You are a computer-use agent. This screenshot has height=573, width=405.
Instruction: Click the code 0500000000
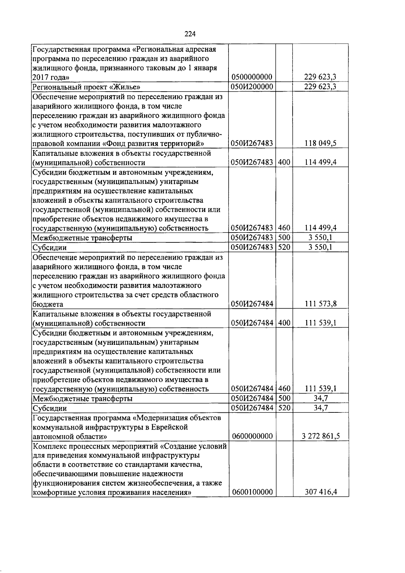[x=251, y=78]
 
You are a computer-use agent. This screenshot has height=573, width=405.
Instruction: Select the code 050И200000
[x=251, y=87]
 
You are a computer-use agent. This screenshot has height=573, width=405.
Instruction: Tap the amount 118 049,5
[x=320, y=143]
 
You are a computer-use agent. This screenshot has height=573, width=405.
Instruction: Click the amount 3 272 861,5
[x=320, y=436]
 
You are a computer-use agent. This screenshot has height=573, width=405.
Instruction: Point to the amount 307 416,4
[x=320, y=492]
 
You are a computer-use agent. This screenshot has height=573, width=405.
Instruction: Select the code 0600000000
[x=251, y=436]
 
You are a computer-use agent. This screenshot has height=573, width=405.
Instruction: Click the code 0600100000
[x=251, y=492]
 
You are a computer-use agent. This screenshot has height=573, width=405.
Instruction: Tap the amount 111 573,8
[x=320, y=304]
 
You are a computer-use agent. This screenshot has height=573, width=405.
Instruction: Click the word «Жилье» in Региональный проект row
[x=125, y=87]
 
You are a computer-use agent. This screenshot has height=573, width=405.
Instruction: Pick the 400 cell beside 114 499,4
[x=284, y=162]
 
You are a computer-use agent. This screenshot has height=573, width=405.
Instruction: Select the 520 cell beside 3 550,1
[x=284, y=247]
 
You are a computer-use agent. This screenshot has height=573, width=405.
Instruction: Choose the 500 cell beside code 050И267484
[x=284, y=398]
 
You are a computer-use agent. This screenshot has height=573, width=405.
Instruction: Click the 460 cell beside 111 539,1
[x=284, y=389]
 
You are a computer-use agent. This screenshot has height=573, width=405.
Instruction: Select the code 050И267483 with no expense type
[x=251, y=143]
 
